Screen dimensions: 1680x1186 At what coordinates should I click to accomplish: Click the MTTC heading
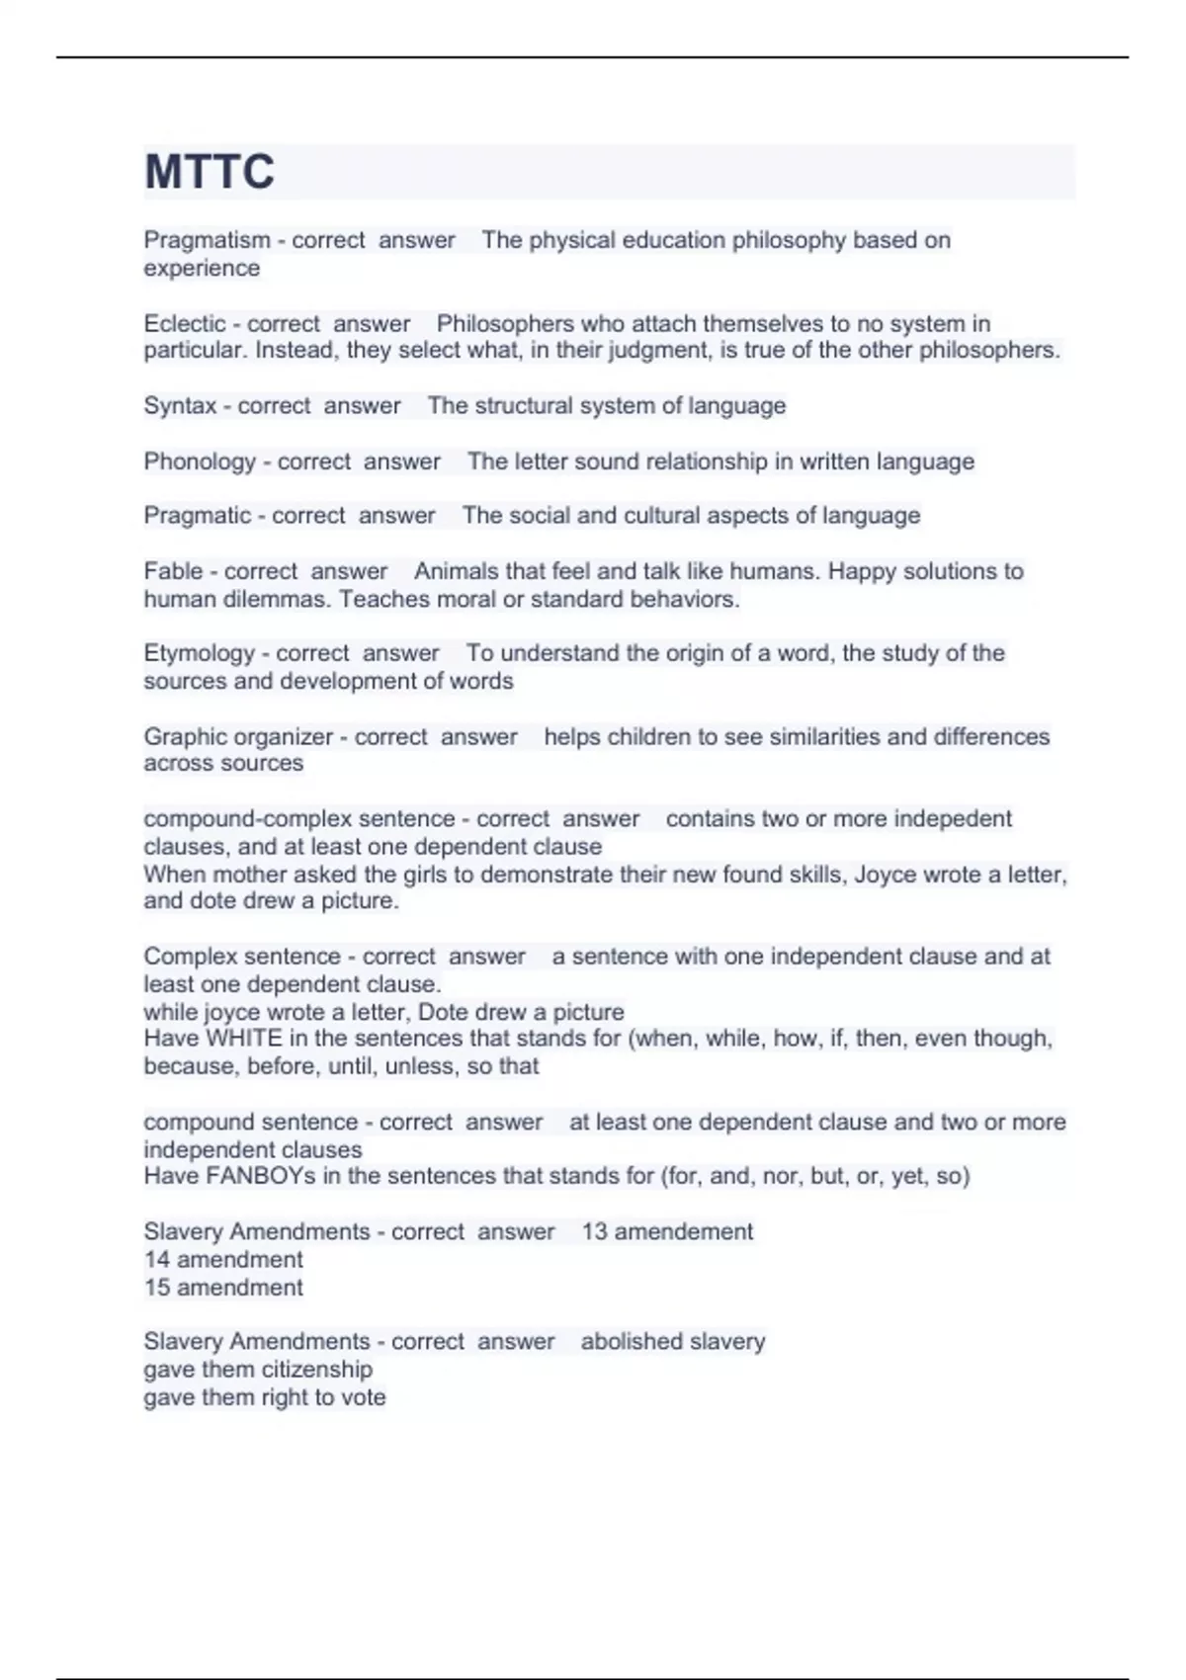[210, 172]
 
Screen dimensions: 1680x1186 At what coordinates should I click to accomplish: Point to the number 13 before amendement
[594, 1232]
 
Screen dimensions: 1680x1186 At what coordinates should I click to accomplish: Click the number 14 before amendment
[157, 1260]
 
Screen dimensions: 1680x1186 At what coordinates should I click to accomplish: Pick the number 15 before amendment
[157, 1288]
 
